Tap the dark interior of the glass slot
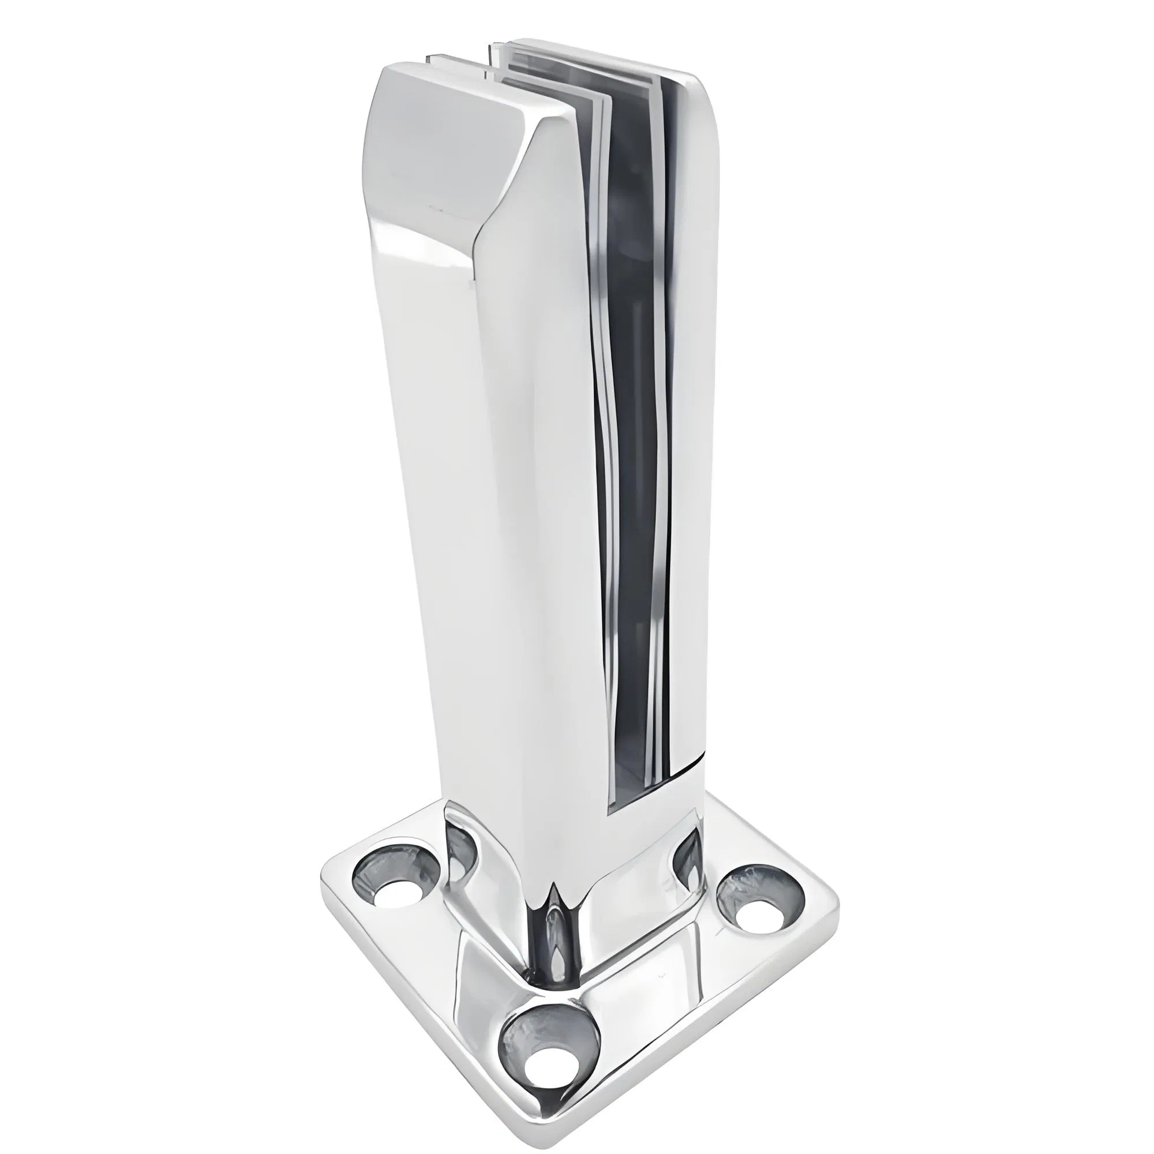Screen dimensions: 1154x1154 (x=633, y=418)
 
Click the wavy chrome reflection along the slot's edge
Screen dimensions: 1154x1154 (x=604, y=478)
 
